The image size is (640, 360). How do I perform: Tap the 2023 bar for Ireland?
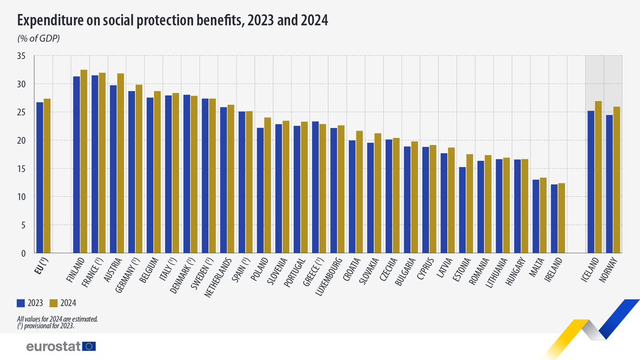coord(555,219)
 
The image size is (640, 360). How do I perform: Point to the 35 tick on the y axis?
coord(22,55)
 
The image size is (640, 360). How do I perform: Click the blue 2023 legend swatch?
coord(21,303)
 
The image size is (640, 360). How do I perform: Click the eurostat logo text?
coord(53,347)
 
